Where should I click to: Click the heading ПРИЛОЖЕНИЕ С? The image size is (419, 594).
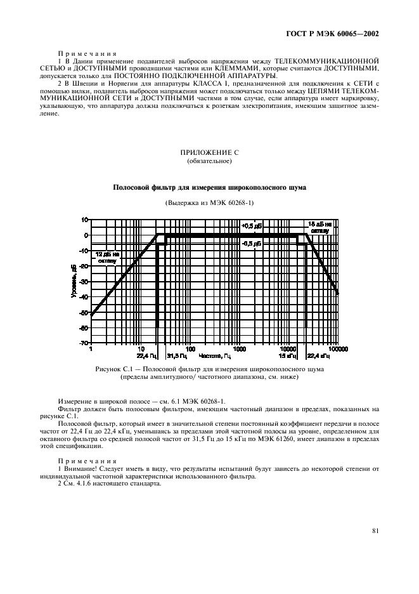tap(209, 153)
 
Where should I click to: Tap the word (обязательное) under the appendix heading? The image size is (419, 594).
tap(209, 161)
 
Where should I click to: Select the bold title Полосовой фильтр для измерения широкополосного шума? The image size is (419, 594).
tap(209, 187)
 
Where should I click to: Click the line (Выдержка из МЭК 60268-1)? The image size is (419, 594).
tap(209, 202)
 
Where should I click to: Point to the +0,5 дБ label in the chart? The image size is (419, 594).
tap(252, 226)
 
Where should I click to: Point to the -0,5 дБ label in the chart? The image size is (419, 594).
tap(252, 243)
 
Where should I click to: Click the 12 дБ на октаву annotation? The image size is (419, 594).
tap(107, 257)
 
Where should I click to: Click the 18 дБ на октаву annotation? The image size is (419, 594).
tap(319, 227)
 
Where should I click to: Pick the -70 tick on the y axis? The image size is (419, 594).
tap(84, 343)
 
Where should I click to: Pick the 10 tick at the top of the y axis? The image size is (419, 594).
tap(85, 220)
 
